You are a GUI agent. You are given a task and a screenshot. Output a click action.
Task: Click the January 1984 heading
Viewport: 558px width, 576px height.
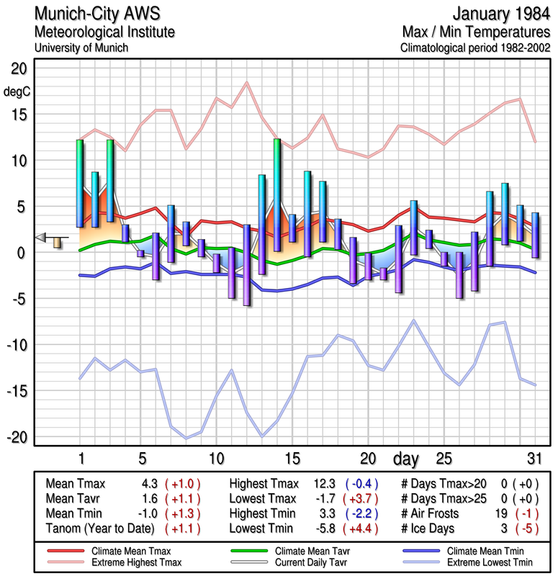point(499,14)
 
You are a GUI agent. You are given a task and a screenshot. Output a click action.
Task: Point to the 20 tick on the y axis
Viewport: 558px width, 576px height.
point(18,68)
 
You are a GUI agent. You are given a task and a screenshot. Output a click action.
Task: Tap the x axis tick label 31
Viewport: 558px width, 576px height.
point(534,458)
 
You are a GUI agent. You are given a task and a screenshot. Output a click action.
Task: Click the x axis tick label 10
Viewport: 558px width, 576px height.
point(216,458)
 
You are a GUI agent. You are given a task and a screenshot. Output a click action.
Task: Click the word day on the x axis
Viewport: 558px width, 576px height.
point(408,458)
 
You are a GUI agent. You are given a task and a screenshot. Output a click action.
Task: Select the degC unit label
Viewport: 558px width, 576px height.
point(18,91)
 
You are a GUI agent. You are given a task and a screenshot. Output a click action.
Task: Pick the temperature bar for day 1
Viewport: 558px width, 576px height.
point(80,184)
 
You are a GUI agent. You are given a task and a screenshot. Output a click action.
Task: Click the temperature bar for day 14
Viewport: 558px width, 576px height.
point(276,195)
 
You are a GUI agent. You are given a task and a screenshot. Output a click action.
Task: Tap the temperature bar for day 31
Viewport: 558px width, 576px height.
point(534,235)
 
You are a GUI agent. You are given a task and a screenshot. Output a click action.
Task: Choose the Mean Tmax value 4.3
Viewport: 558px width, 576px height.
point(150,484)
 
